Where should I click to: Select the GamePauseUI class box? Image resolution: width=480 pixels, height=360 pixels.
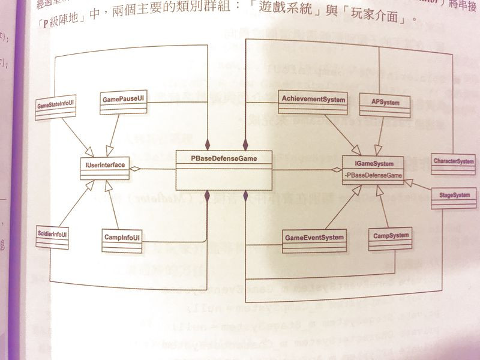click(x=122, y=101)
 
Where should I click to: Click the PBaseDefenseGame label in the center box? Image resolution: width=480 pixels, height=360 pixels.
click(x=223, y=158)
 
